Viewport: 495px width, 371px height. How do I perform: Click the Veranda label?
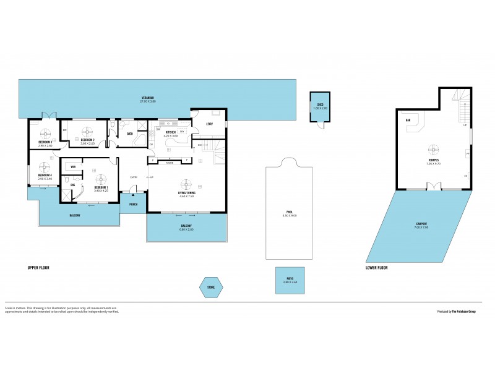[x=147, y=99]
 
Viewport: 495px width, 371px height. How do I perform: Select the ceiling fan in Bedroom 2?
[x=87, y=131]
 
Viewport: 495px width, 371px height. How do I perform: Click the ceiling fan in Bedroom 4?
[x=45, y=166]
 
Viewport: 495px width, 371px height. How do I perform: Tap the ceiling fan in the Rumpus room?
[x=433, y=149]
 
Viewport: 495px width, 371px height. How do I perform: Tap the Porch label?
[x=133, y=203]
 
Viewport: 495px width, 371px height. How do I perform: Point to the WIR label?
[x=73, y=167]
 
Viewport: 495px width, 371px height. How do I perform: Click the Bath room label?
[x=130, y=134]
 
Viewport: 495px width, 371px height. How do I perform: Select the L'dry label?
[x=209, y=124]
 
